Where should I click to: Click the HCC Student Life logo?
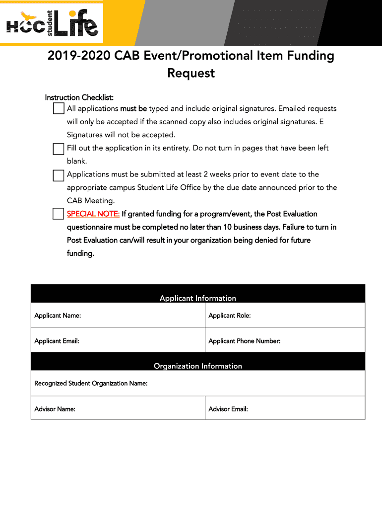[52, 23]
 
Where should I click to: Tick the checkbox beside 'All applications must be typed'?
[59, 109]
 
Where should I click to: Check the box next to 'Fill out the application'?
[59, 149]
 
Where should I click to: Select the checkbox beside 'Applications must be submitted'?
[59, 175]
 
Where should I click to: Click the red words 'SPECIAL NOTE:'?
[93, 214]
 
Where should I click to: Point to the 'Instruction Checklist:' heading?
[79, 97]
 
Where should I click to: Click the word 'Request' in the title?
[191, 73]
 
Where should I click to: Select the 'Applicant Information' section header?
[198, 298]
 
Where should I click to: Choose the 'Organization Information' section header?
[198, 366]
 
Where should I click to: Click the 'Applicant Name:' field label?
[58, 316]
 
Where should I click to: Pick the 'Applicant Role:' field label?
[230, 316]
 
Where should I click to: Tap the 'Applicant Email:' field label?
[57, 341]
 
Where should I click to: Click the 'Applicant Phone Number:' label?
[245, 341]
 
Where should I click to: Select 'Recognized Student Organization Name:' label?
[91, 383]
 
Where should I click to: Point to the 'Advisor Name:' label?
[55, 409]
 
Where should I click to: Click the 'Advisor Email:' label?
[228, 409]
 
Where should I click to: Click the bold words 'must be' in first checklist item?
[133, 109]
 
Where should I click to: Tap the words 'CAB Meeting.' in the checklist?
[91, 201]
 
